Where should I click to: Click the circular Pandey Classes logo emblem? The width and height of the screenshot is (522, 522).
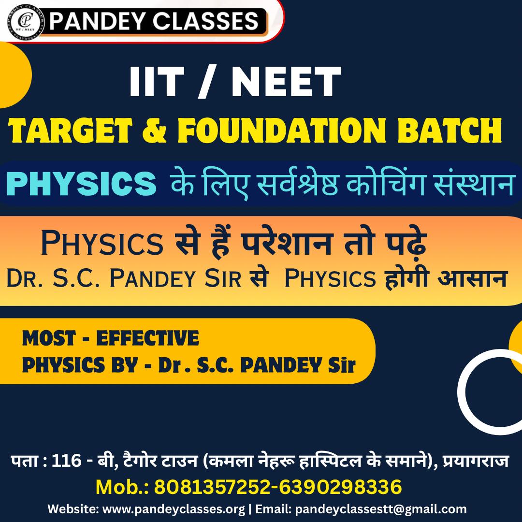point(25,21)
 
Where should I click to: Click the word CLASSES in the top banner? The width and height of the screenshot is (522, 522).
point(205,21)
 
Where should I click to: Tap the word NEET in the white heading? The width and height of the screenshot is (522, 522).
point(286,82)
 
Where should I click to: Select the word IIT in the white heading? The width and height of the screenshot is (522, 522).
point(157,82)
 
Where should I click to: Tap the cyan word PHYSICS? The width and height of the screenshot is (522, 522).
point(81,184)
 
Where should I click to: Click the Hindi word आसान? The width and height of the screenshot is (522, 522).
point(472,277)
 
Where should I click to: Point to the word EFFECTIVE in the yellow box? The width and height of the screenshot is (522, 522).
point(147,338)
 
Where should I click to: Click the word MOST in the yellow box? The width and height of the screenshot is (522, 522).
point(49,338)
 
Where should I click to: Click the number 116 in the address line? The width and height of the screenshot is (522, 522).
point(67,461)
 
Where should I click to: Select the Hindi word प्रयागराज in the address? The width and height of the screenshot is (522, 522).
point(476,461)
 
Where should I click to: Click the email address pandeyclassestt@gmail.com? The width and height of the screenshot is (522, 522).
point(381,509)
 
